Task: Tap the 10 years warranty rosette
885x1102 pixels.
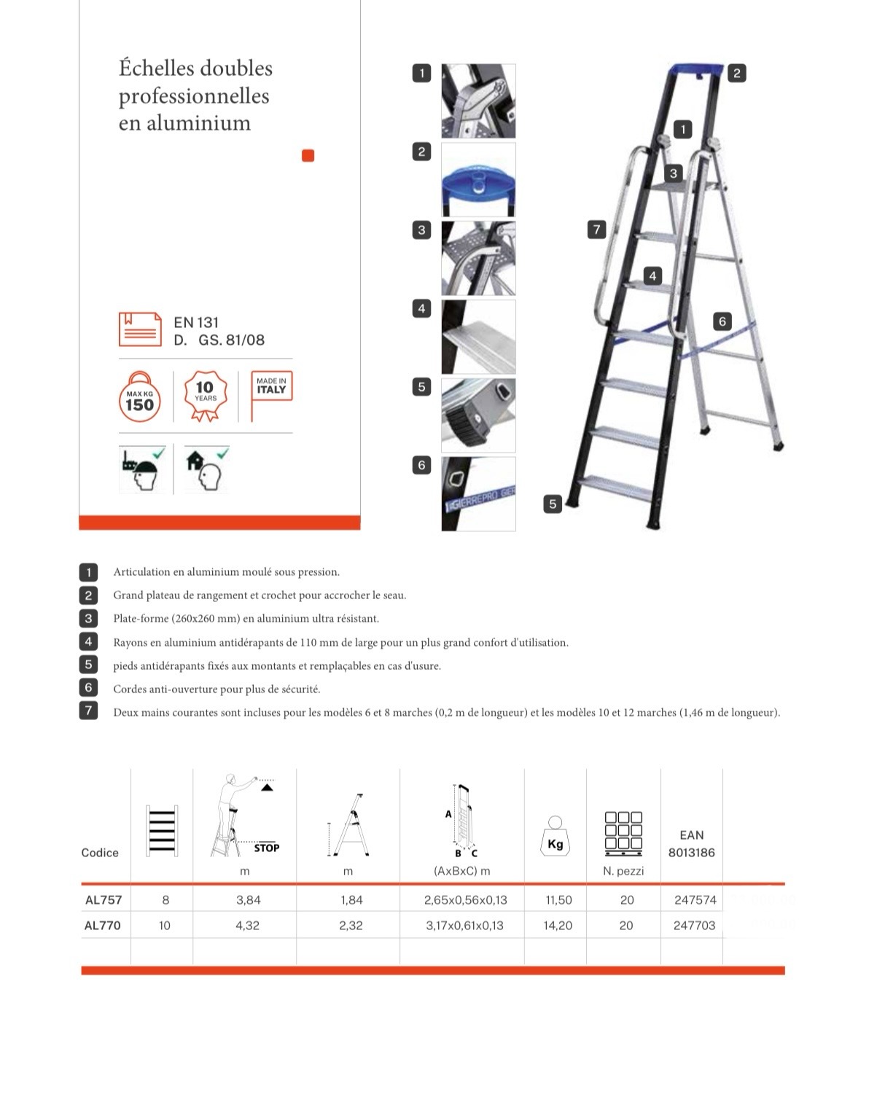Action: [205, 396]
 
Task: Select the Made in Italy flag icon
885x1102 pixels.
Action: [270, 394]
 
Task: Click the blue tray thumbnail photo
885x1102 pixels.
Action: [478, 179]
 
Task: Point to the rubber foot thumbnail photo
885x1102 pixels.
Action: [478, 415]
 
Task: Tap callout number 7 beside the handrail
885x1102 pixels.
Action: [596, 230]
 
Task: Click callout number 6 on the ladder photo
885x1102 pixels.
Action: [722, 321]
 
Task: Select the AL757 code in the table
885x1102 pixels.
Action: [104, 899]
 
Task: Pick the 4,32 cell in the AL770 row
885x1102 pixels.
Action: [247, 926]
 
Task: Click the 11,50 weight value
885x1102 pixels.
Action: [558, 900]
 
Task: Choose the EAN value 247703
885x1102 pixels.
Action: [694, 926]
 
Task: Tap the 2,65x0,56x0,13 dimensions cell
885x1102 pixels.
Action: [465, 900]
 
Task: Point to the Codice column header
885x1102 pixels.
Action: [100, 853]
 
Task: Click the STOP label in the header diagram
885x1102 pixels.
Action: [267, 848]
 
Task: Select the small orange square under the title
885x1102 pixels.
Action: [308, 155]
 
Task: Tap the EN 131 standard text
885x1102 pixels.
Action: [196, 322]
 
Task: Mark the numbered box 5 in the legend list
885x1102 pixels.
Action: [88, 664]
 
